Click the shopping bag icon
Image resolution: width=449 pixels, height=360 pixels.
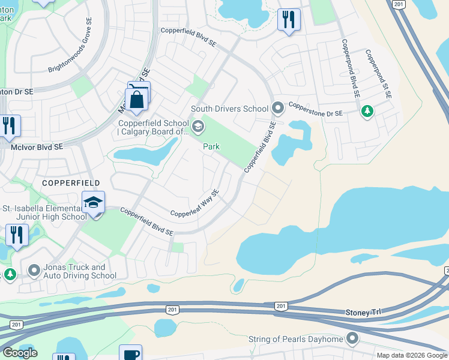(x=137, y=100)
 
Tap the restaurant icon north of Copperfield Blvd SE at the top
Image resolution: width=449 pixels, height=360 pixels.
(x=289, y=20)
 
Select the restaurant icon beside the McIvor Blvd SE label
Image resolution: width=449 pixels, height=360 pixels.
(x=10, y=126)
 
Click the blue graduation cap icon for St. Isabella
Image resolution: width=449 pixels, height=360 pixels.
(x=94, y=202)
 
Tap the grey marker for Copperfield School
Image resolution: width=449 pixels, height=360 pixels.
(x=199, y=127)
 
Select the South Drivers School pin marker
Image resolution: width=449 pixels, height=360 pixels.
(x=277, y=109)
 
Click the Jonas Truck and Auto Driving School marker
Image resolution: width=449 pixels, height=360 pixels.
(x=34, y=271)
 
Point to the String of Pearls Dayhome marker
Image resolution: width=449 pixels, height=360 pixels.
(x=352, y=340)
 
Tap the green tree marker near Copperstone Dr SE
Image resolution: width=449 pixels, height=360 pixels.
(x=367, y=111)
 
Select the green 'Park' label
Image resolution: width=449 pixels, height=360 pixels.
(x=211, y=146)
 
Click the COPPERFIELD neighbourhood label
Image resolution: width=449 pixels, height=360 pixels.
(x=70, y=182)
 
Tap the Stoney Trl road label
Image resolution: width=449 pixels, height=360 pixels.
(x=363, y=312)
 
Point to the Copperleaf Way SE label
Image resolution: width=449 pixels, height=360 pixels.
(x=195, y=204)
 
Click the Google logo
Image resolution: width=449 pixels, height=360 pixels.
(x=20, y=353)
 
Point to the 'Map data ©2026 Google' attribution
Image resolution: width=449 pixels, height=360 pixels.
(x=412, y=355)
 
